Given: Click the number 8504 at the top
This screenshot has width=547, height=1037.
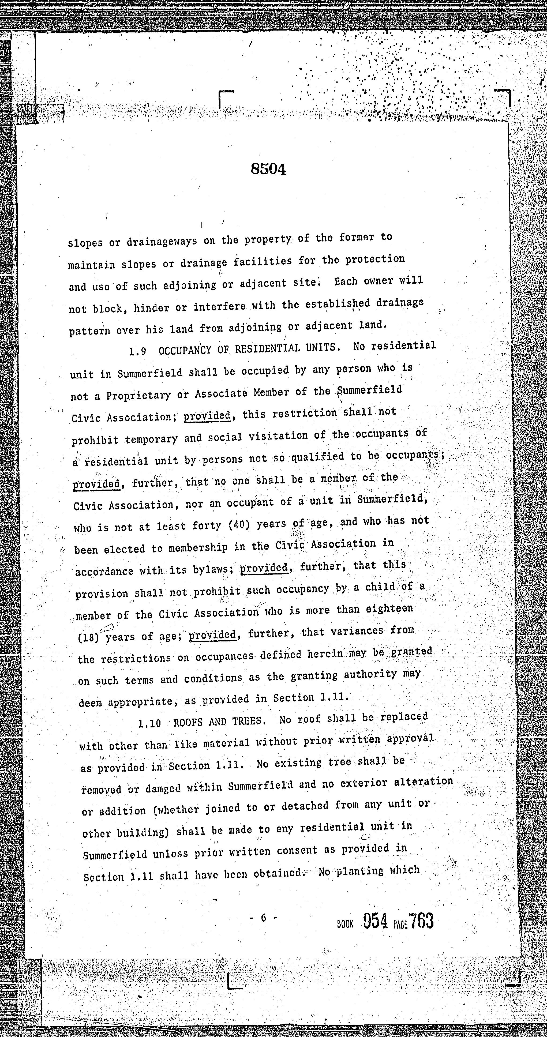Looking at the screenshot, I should click(x=268, y=170).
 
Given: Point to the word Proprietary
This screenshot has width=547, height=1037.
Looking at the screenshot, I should click(x=138, y=396).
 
